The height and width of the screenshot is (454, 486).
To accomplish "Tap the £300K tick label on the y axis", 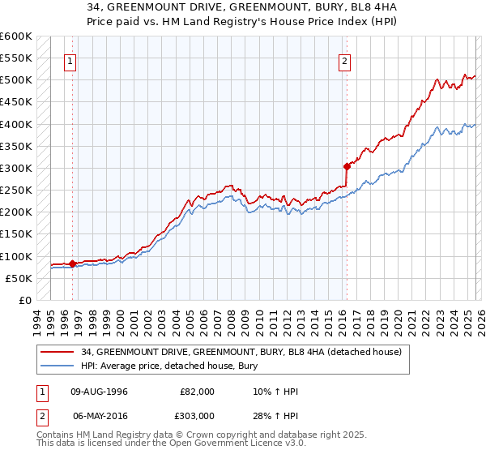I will pyautogui.click(x=15, y=168).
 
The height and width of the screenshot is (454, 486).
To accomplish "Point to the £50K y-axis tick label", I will pyautogui.click(x=18, y=278).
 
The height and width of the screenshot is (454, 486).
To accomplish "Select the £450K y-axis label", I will pyautogui.click(x=15, y=102).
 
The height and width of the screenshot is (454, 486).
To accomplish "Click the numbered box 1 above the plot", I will pyautogui.click(x=70, y=61).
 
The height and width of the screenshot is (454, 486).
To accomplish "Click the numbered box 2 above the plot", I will pyautogui.click(x=345, y=61).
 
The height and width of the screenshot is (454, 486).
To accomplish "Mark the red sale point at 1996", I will pyautogui.click(x=72, y=263).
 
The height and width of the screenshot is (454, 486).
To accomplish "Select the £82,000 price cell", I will pyautogui.click(x=197, y=392).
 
